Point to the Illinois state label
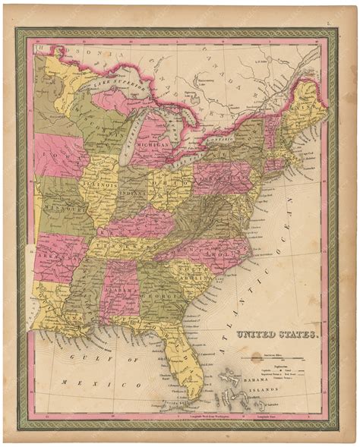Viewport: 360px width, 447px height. [x=106, y=184]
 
